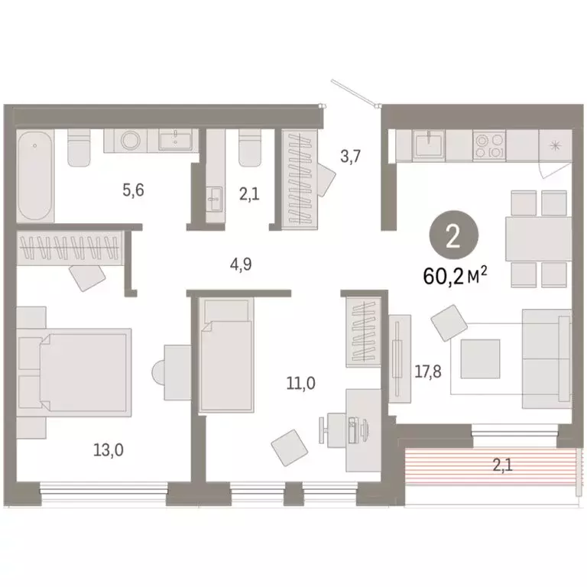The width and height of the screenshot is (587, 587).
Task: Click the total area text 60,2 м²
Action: click(x=456, y=274)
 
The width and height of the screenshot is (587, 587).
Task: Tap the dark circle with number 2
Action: click(x=452, y=238)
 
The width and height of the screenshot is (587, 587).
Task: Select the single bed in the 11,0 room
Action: click(x=225, y=357)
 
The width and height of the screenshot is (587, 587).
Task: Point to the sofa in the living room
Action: click(x=546, y=358)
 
